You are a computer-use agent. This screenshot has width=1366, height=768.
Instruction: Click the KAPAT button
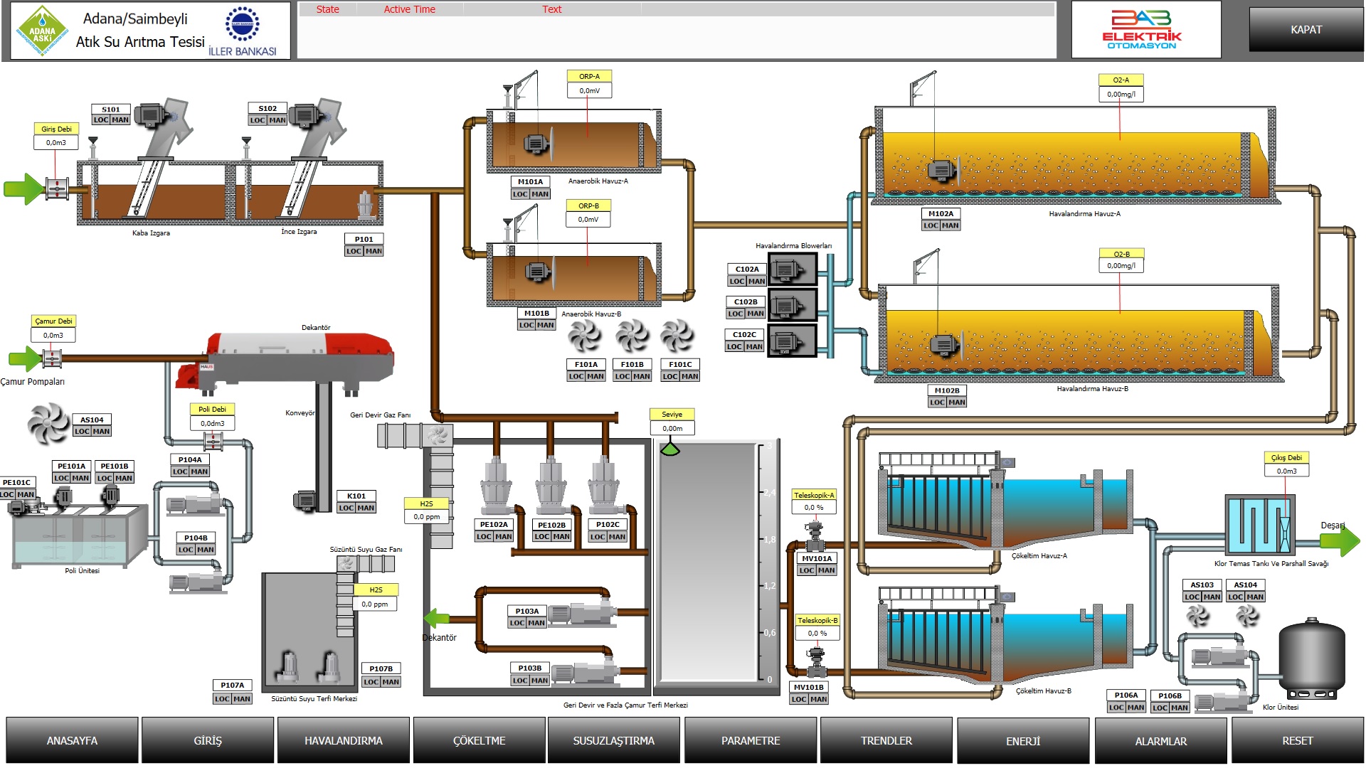pos(1306,30)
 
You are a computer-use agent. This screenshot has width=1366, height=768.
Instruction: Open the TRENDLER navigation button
pos(886,740)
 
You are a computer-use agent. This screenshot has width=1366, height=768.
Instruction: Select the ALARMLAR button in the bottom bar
pos(1160,741)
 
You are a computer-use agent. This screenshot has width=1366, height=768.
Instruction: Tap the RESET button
pos(1297,740)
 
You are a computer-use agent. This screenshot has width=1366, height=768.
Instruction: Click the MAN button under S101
pos(120,120)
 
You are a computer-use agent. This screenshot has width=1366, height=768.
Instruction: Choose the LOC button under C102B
pos(736,314)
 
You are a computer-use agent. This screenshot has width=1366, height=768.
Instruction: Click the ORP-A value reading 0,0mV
pos(589,91)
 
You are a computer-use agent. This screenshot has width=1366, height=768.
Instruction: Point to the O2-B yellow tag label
pos(1121,254)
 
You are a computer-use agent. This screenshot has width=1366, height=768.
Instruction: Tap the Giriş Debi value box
pos(56,143)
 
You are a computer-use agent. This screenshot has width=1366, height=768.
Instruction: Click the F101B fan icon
pos(632,336)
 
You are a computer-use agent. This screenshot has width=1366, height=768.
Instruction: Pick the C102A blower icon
pos(790,270)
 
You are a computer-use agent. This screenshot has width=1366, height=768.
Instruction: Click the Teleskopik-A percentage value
pos(814,508)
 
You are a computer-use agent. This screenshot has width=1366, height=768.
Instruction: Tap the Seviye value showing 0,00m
pos(672,428)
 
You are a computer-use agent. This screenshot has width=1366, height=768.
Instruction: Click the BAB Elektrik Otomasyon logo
pos(1145,30)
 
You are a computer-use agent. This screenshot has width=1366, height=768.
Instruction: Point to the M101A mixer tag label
pos(530,182)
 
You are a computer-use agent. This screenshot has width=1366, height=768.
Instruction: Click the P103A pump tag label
pos(527,611)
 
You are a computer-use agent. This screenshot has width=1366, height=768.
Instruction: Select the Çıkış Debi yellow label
pos(1286,458)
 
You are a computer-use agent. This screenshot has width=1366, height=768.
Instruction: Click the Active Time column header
pos(409,9)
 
